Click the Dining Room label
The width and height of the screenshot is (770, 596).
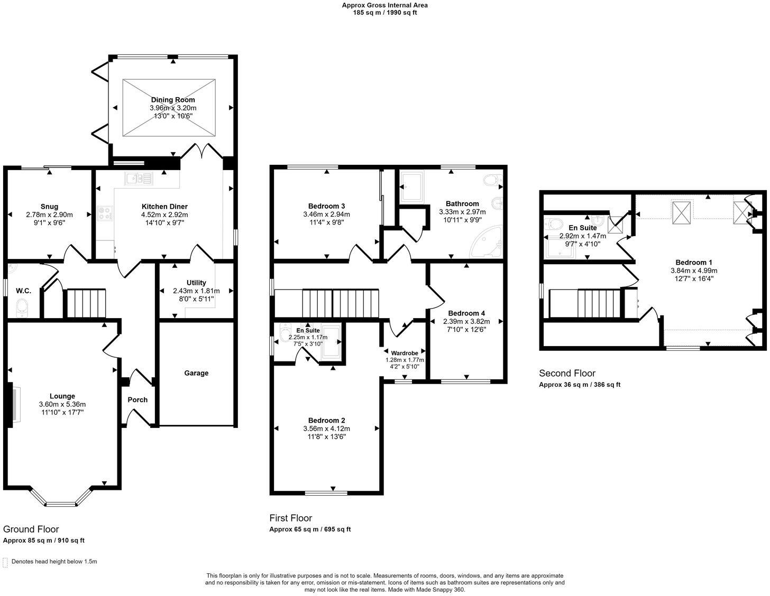173,100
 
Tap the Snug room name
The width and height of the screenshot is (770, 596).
49,207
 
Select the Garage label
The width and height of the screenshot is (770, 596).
196,373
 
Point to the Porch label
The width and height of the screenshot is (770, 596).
137,399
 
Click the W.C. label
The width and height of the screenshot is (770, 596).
23,291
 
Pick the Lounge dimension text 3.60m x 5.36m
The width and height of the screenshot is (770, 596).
62,404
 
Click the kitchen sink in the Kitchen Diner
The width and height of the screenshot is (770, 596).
139,179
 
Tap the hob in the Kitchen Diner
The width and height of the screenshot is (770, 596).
105,213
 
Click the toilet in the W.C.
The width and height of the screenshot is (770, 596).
22,308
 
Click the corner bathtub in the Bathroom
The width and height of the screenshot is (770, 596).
486,241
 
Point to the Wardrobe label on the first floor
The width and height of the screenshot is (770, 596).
405,353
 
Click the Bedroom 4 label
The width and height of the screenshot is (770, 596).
466,313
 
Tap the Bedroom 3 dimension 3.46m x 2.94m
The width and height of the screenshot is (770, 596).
326,214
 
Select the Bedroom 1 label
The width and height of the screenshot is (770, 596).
694,262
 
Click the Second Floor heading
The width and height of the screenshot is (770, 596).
567,373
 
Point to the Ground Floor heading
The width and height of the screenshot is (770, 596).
31,529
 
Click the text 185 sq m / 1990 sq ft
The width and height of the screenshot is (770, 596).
385,13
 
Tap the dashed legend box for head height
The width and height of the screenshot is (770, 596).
5,562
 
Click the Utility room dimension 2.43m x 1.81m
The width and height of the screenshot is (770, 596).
196,291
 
